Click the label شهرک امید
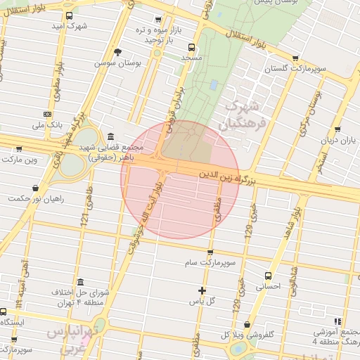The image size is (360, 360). [67, 26]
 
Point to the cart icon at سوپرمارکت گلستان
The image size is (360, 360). [294, 58]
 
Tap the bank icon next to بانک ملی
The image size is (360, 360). [47, 114]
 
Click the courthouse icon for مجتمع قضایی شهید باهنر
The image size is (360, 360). [110, 136]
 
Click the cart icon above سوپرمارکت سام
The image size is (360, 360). [210, 252]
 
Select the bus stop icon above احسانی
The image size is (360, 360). [267, 276]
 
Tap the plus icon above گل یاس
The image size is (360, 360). [202, 290]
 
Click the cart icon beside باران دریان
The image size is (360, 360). [338, 130]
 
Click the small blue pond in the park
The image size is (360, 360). [213, 85]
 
